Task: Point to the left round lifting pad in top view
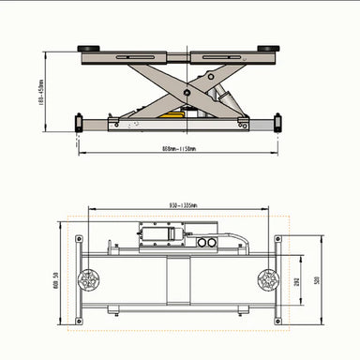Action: [91, 279]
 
